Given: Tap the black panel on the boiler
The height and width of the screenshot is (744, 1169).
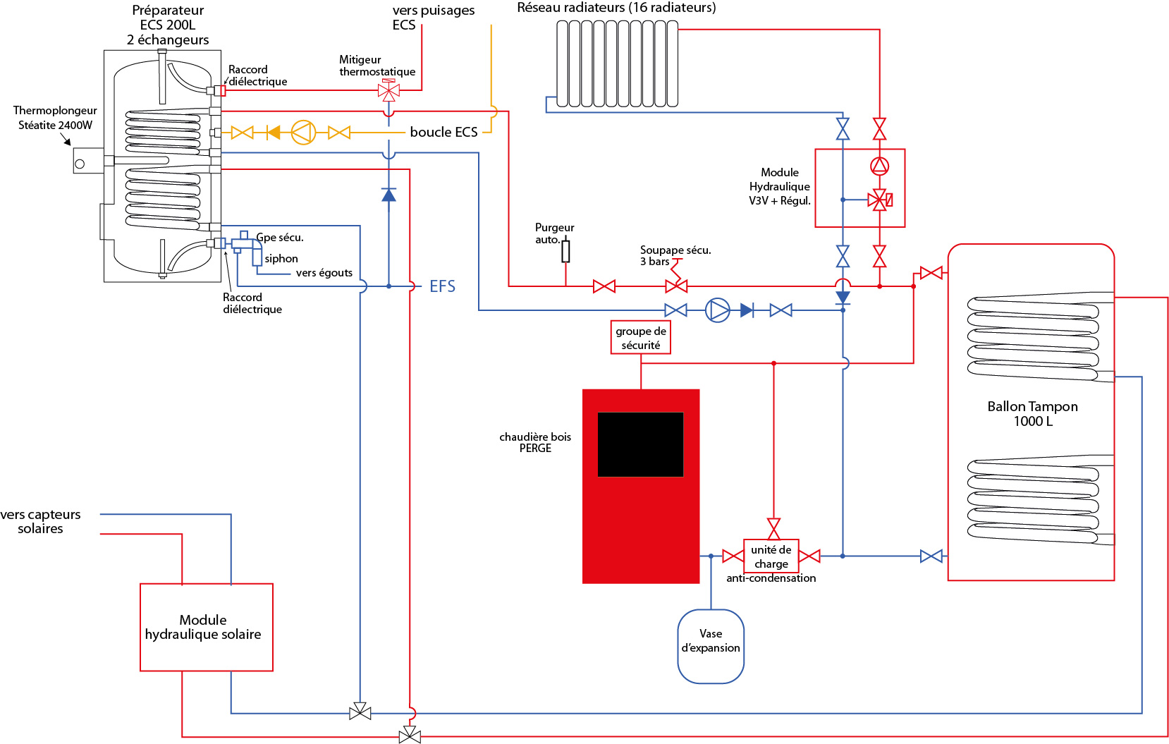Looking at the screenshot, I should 640,444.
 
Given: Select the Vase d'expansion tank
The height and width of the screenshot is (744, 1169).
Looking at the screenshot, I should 711,646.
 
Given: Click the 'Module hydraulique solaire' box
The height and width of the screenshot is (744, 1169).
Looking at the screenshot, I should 206,627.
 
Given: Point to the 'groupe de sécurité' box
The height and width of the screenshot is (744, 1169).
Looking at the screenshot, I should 640,338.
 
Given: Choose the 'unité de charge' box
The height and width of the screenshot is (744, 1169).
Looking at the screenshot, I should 771,556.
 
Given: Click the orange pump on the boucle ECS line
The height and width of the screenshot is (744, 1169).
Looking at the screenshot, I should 303,133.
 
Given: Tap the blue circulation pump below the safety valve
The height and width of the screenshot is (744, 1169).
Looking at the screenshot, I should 718,310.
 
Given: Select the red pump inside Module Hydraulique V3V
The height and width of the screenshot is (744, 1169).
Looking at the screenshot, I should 879,166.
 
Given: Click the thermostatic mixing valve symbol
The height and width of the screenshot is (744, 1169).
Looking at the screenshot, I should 388,90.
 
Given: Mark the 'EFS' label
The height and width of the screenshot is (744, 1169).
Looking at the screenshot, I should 442,286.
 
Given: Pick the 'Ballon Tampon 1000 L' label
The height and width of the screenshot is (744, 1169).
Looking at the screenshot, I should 1032,414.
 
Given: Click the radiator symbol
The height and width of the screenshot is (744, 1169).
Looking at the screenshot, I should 617,63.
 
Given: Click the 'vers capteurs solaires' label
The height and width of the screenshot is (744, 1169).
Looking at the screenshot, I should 40,522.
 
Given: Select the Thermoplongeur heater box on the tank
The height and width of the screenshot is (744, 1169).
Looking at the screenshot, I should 88,161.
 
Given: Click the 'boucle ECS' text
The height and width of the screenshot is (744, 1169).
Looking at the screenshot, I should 443,133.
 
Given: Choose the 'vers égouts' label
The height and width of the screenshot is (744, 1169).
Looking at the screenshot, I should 324,273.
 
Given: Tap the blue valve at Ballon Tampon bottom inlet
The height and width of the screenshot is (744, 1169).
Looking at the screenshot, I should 931,556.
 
